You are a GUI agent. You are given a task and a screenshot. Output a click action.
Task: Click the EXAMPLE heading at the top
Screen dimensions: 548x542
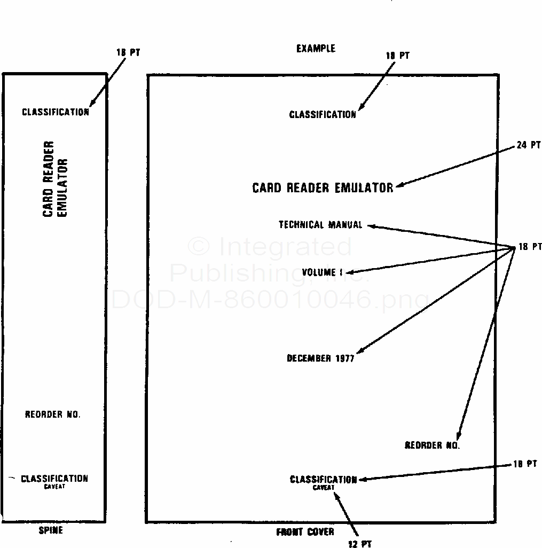tap(316, 49)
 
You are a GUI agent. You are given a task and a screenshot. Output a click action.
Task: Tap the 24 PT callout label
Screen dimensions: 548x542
tap(529, 145)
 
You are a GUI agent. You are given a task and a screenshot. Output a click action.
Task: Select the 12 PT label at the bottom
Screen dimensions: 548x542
tap(359, 544)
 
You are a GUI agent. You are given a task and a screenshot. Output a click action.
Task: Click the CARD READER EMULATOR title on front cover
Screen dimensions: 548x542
tap(323, 187)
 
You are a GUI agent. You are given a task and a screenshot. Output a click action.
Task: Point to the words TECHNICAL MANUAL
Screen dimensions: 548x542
tap(320, 225)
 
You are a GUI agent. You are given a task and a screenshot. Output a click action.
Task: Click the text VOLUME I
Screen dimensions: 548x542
tap(322, 272)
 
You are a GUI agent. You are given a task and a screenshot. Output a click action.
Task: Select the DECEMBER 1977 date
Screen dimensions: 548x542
tap(320, 358)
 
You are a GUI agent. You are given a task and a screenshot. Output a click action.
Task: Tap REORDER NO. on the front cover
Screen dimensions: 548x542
tap(432, 445)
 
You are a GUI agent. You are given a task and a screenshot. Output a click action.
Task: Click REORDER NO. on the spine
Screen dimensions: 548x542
tap(53, 414)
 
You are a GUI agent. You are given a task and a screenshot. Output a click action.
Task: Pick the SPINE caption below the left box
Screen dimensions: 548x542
tap(51, 530)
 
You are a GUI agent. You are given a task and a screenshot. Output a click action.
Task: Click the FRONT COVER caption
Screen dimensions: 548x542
tap(305, 532)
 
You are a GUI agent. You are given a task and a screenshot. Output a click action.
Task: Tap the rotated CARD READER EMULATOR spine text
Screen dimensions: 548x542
tap(56, 179)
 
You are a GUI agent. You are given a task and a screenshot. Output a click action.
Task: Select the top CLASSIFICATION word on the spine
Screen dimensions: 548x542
tap(56, 112)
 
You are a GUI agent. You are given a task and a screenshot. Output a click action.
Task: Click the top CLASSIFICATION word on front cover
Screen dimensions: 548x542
tap(323, 114)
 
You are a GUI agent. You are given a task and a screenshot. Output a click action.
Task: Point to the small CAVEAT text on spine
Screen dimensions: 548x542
tap(54, 487)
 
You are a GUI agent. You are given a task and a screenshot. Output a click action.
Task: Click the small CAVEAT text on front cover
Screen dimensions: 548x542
tap(324, 488)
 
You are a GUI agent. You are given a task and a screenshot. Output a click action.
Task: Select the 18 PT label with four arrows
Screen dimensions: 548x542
tap(530, 247)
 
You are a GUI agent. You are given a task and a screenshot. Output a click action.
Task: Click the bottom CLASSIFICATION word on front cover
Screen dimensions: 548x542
tap(323, 480)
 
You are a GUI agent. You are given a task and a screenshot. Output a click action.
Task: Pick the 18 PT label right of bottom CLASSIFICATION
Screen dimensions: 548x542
tap(525, 464)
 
